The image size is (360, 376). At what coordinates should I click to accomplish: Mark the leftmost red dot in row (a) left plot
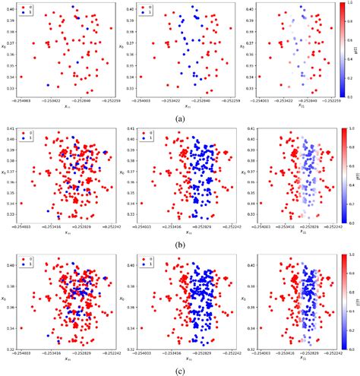(21, 77)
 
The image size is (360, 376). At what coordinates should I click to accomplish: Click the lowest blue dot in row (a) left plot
(48, 85)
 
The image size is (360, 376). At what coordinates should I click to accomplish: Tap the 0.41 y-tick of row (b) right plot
(250, 129)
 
